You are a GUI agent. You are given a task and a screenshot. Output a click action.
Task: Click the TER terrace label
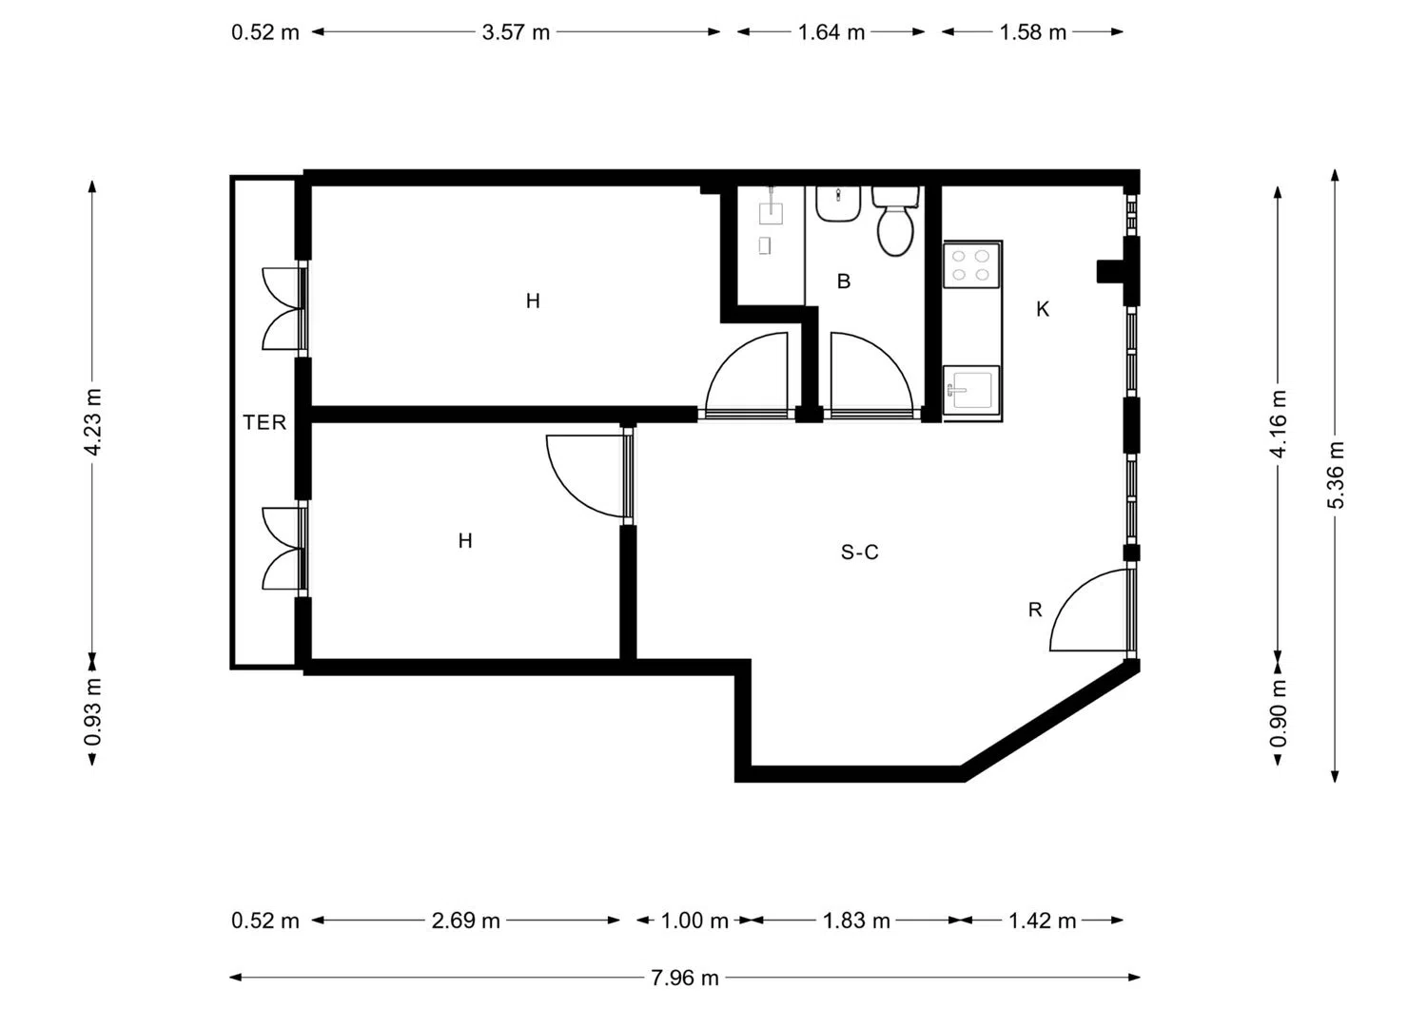pos(264,422)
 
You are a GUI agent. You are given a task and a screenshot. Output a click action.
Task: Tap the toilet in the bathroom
pos(896,221)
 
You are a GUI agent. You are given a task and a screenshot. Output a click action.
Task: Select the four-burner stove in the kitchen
pos(971,265)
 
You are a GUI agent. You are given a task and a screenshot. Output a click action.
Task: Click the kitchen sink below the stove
pos(971,390)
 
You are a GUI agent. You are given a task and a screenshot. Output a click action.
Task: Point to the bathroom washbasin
pos(838,204)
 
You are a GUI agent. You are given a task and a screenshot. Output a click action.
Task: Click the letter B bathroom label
pos(844,281)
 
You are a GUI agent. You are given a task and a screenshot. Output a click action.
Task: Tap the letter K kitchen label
pos(1043,310)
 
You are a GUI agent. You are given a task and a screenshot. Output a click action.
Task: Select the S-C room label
pos(859,553)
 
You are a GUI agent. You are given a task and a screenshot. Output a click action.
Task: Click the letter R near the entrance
pos(1035,611)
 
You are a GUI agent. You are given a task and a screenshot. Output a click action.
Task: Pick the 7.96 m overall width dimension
pos(685,978)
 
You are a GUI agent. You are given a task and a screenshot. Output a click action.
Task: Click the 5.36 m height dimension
pos(1336,475)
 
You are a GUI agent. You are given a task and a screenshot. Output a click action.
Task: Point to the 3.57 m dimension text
pos(516,31)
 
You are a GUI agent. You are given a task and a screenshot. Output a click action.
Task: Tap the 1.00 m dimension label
pos(694,921)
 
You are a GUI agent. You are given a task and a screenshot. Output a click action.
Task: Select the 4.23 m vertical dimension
pos(93,421)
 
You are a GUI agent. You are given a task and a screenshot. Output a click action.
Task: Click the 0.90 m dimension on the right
pos(1278,713)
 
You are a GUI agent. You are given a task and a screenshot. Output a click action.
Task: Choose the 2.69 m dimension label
pos(466,921)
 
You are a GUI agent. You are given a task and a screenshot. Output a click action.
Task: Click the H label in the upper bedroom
pos(533,301)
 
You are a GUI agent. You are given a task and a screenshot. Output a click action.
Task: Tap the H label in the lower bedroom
pos(465,541)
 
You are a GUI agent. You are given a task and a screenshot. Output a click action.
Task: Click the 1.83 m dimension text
pos(856,921)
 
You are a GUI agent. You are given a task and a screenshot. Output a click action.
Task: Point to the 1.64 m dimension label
pos(831,31)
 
